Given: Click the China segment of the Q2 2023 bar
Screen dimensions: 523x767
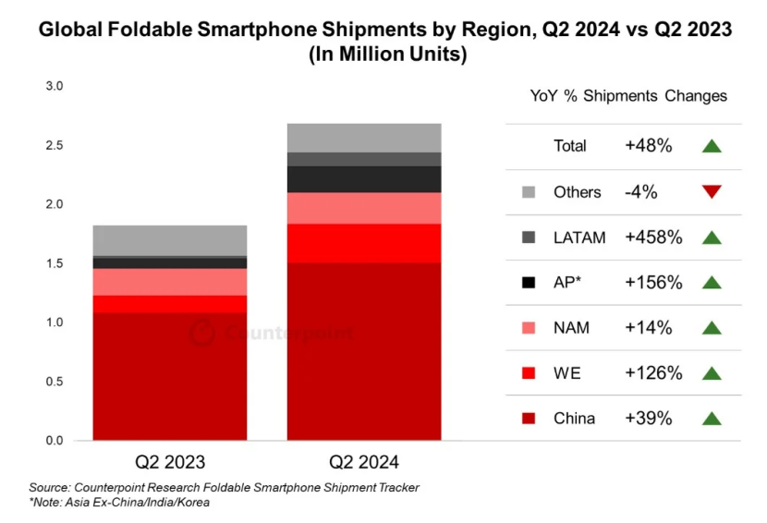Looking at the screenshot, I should tap(169, 376).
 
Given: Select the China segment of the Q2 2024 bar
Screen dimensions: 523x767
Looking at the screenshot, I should tap(363, 351).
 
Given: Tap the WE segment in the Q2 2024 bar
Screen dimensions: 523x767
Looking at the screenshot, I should tap(363, 243).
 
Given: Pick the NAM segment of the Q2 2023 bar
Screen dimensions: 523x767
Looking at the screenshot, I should tap(169, 282).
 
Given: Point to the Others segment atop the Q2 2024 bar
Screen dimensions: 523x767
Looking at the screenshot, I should tap(363, 138).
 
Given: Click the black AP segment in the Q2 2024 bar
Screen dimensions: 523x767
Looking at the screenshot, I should tap(363, 179).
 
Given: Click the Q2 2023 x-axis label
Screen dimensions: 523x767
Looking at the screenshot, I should tap(170, 461).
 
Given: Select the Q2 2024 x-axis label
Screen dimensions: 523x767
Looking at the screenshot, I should tap(364, 461).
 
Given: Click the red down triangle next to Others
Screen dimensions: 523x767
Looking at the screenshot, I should tap(711, 192).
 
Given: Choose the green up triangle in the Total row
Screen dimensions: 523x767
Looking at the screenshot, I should tap(711, 146).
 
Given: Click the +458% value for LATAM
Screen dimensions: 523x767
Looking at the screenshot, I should tap(653, 237).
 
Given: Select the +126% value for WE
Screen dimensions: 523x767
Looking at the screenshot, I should tap(653, 373).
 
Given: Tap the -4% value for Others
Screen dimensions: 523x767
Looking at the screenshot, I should tap(641, 192).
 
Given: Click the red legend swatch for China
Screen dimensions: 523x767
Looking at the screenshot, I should tap(528, 419).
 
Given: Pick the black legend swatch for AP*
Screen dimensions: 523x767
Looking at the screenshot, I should tap(528, 283).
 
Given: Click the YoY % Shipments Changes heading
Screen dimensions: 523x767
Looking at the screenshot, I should tap(628, 96).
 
